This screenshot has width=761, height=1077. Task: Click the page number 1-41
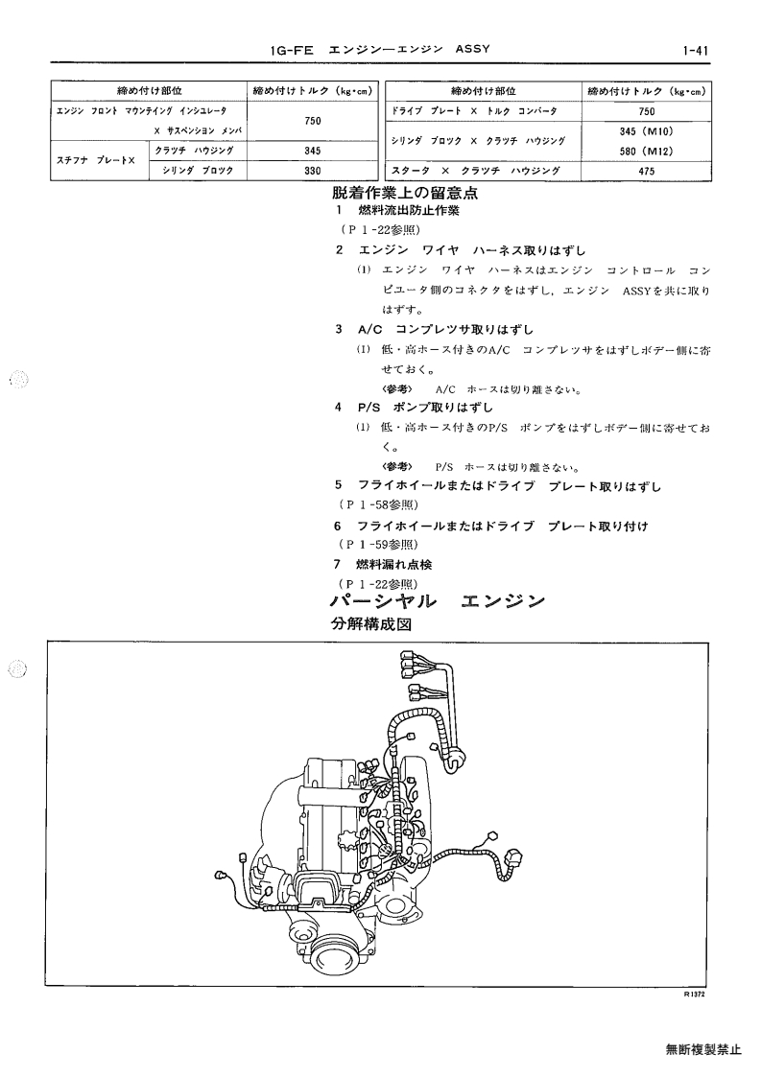696,50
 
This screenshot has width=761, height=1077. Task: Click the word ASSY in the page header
472,50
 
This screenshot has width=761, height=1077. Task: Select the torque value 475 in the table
646,172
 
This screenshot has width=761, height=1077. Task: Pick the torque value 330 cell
312,171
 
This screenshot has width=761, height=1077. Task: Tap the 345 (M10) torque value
646,131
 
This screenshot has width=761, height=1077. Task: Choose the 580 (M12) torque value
646,152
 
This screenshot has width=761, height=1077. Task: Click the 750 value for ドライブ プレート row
646,111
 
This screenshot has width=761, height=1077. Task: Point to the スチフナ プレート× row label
96,161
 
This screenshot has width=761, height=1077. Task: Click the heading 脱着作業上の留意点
405,193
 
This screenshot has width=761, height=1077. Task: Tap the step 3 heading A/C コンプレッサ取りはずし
444,329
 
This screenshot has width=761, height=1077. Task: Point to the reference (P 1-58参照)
379,504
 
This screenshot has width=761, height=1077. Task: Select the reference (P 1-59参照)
379,545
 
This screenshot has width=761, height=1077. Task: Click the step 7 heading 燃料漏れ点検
393,565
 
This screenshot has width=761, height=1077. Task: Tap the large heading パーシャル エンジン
438,601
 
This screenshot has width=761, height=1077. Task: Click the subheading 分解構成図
371,624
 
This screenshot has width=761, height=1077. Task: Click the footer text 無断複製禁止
703,1049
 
